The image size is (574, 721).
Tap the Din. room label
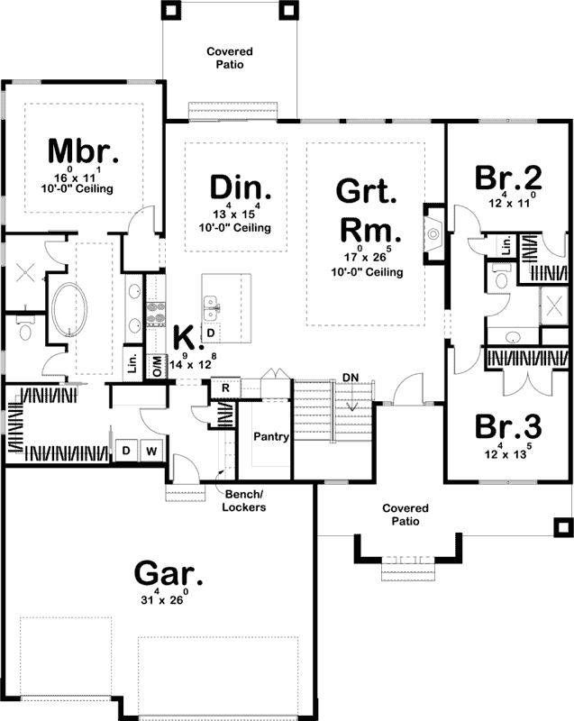[x=241, y=187]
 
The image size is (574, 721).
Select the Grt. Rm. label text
[x=366, y=211]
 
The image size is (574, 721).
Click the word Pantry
[x=270, y=438]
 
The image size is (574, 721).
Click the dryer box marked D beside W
[x=126, y=449]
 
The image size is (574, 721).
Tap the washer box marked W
[x=150, y=449]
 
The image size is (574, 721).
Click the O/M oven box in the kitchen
[x=157, y=366]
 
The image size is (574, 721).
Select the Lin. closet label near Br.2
[x=506, y=244]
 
